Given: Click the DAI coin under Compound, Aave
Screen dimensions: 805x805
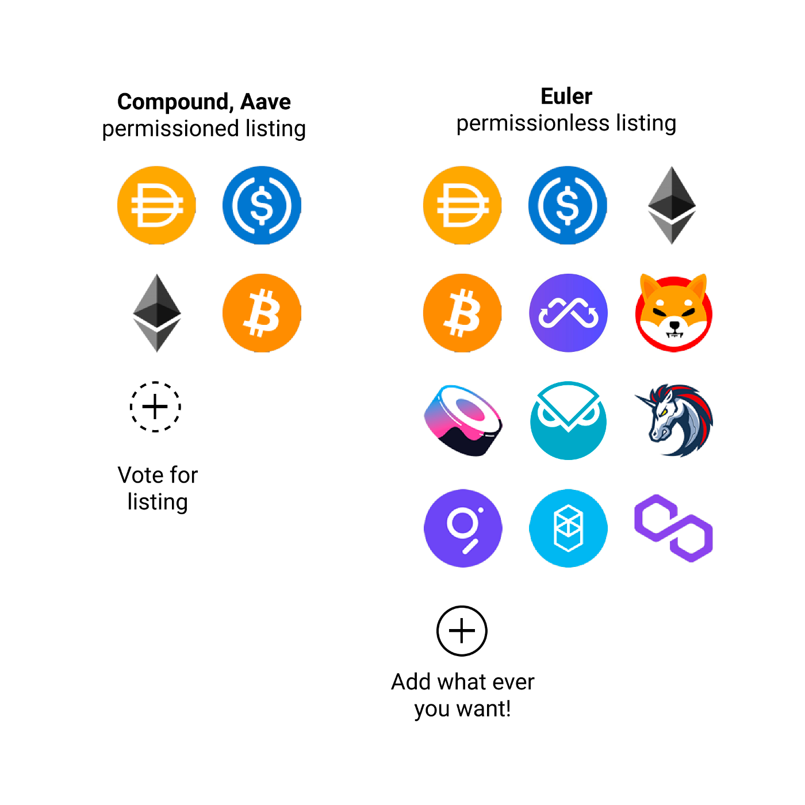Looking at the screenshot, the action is (x=156, y=205).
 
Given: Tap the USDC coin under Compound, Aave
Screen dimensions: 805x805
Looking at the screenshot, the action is (x=262, y=205).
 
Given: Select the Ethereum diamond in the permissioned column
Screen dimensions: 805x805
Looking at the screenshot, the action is (x=156, y=313).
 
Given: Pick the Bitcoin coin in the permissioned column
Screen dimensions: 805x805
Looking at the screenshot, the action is (x=262, y=313).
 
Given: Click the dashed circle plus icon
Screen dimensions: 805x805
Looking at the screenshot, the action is (x=155, y=407).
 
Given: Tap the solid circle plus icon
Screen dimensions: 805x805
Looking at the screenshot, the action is (x=462, y=631).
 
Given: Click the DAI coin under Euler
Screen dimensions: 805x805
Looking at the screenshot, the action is (x=462, y=205).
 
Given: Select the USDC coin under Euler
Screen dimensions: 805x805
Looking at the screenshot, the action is (x=568, y=205).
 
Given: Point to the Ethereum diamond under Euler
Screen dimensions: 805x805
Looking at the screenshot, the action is (x=672, y=205).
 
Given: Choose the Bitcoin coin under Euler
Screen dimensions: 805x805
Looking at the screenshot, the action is (x=462, y=313).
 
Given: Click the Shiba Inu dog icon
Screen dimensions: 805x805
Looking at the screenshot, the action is (x=673, y=313).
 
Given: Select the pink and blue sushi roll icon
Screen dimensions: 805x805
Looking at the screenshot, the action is (x=463, y=420).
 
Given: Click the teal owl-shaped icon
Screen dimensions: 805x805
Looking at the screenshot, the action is (x=568, y=420).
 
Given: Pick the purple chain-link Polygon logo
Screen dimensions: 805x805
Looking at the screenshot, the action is (x=673, y=528).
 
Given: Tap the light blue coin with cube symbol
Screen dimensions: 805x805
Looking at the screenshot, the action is (x=568, y=528).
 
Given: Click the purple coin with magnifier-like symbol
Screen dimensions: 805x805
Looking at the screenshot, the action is (x=463, y=528).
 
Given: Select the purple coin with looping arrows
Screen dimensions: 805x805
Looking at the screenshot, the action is (x=568, y=313).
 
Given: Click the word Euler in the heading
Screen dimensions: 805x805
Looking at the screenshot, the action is (x=566, y=96).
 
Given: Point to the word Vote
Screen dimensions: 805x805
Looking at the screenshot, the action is (x=141, y=475).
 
